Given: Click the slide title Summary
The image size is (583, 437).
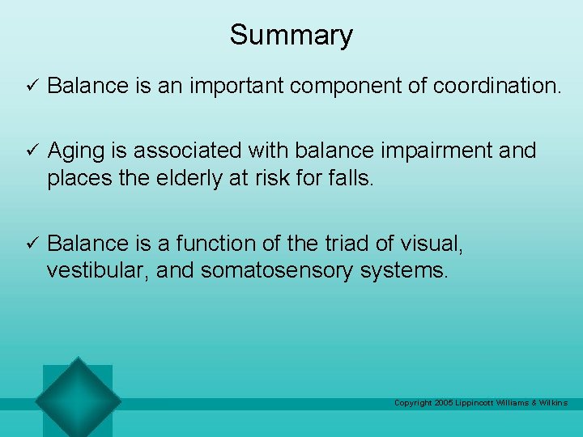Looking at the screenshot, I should click(x=291, y=35).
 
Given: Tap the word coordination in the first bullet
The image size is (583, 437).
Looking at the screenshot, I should click(x=496, y=86).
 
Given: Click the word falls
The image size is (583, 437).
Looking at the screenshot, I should click(x=349, y=179).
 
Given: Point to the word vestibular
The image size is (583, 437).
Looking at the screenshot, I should click(x=94, y=271).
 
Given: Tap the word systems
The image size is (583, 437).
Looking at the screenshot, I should click(x=410, y=271).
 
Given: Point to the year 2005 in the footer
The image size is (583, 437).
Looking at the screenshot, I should click(x=445, y=403).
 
